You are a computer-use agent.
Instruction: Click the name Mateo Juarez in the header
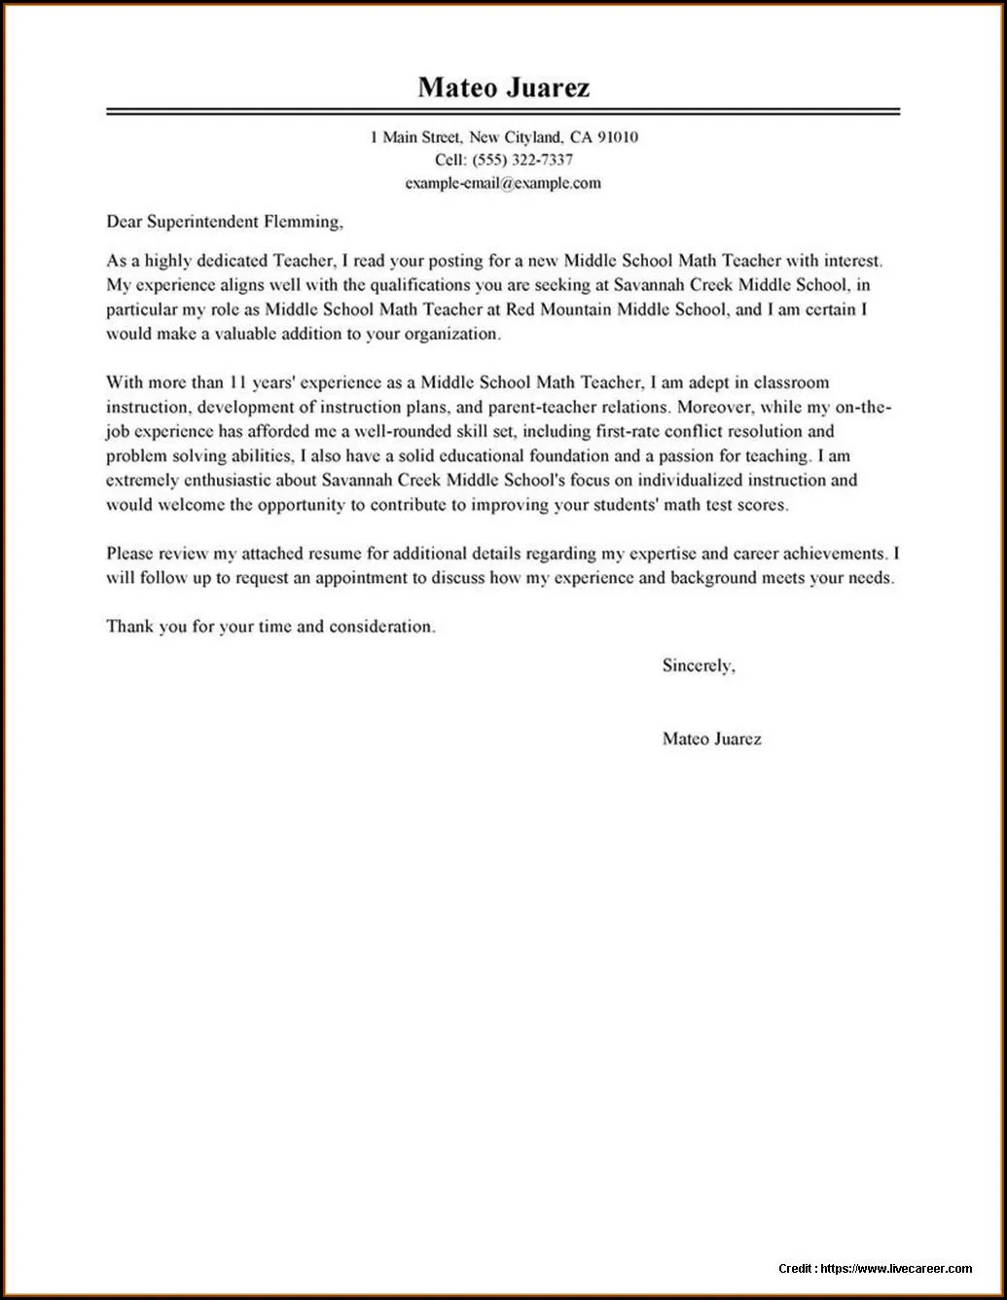pos(503,88)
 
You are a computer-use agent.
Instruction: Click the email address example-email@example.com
pos(503,183)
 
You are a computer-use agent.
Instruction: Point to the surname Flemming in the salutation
pos(302,222)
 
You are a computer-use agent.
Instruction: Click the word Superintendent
pos(202,222)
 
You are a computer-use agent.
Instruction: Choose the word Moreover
pos(712,407)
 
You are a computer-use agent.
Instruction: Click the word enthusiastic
pos(231,481)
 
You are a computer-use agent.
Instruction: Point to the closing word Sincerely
pos(698,666)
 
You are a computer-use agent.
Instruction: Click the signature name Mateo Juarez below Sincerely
pos(711,739)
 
